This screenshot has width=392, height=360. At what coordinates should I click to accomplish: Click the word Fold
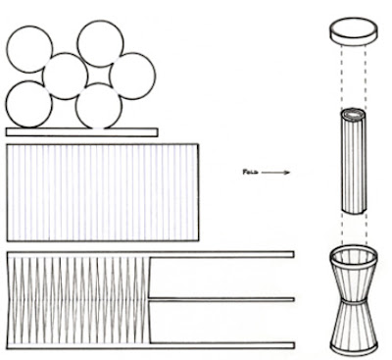(x=251, y=172)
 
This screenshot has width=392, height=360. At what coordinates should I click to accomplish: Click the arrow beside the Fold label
(x=275, y=173)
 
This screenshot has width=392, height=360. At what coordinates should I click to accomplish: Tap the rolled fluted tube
(x=354, y=161)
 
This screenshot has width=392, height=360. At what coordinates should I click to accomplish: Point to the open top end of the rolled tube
(x=354, y=114)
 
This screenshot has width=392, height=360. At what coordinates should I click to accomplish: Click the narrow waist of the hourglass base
(x=354, y=301)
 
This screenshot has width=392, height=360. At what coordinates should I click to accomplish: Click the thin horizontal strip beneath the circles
(x=82, y=132)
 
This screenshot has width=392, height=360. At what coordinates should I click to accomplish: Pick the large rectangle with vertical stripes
(x=103, y=192)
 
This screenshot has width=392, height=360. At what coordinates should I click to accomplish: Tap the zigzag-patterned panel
(x=78, y=300)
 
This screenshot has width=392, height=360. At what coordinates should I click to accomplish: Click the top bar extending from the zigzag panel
(x=222, y=254)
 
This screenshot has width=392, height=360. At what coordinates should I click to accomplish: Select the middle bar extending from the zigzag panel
(x=221, y=299)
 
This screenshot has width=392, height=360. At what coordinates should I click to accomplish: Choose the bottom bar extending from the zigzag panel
(x=222, y=345)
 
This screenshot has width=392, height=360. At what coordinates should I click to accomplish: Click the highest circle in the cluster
(x=101, y=44)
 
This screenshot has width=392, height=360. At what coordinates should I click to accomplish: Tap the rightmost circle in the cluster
(x=132, y=77)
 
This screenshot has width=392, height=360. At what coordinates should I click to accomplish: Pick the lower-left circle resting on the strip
(x=28, y=104)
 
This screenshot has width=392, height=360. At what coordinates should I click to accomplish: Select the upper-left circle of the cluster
(x=29, y=49)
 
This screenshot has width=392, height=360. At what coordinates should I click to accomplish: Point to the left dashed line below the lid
(x=342, y=76)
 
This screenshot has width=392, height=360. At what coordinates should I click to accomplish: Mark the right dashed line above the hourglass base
(x=366, y=231)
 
